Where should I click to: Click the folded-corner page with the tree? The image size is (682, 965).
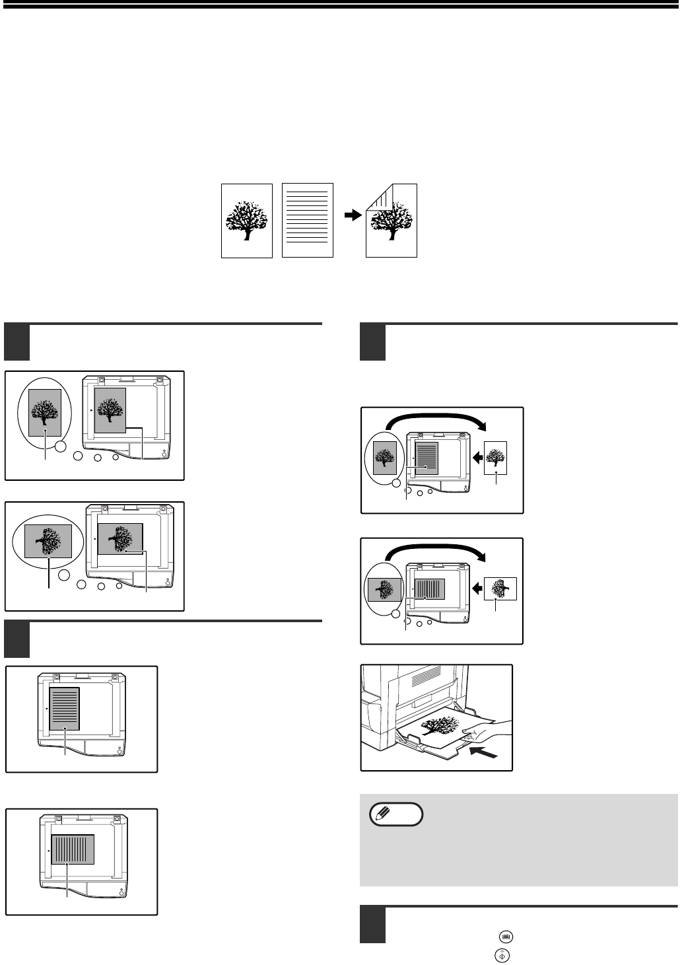pyautogui.click(x=392, y=221)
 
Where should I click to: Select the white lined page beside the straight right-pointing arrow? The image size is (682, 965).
pyautogui.click(x=307, y=220)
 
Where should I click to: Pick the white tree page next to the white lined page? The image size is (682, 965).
pyautogui.click(x=246, y=220)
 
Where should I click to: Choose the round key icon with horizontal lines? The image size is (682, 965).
pyautogui.click(x=505, y=936)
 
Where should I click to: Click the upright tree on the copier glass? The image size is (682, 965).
pyautogui.click(x=110, y=410)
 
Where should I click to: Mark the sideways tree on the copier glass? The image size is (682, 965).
pyautogui.click(x=119, y=538)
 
